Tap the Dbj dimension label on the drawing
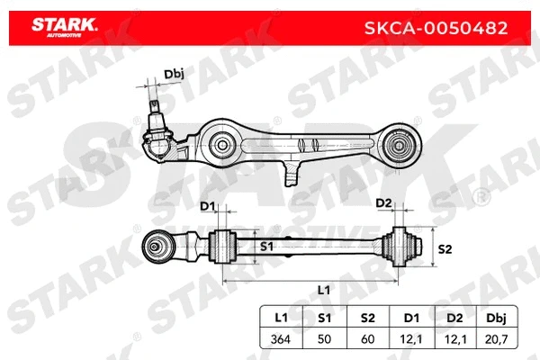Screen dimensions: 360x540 pos(173,75)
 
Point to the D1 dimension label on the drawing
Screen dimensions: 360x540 pos(208,206)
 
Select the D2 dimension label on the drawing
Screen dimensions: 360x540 pos(382,202)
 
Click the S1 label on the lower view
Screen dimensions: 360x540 pos(266,245)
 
